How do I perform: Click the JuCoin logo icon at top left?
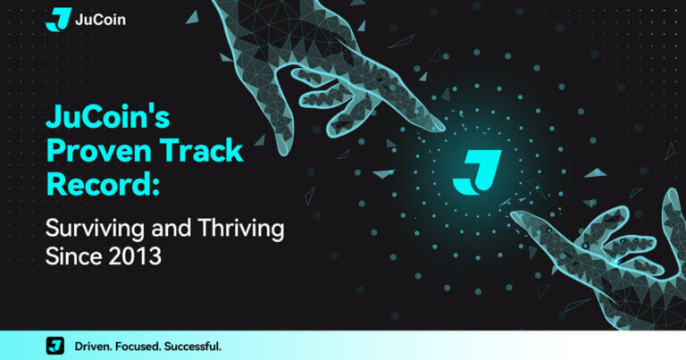pos(58,19)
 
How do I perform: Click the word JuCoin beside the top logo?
pos(100,20)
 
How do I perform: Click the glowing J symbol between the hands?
pos(476,172)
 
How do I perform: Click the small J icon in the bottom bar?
pos(55,346)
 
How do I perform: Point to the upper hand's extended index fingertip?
pos(438,125)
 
